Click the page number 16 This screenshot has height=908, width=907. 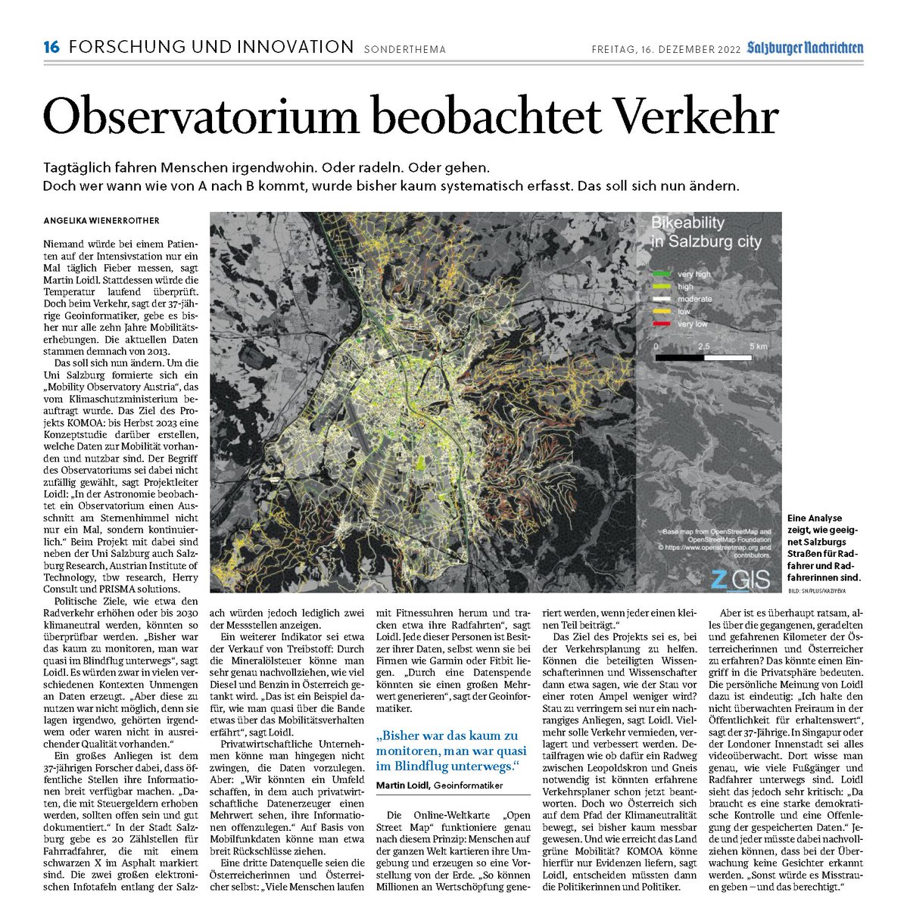[x=51, y=48]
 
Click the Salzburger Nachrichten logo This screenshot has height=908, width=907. [x=804, y=48]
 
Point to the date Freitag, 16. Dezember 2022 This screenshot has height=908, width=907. [x=663, y=49]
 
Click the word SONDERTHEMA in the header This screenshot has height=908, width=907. [x=405, y=50]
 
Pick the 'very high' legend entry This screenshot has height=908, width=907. [x=693, y=274]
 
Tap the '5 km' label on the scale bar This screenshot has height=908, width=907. [x=759, y=345]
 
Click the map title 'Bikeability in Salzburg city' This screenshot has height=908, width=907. [x=706, y=232]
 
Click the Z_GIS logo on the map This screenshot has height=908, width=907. [x=740, y=580]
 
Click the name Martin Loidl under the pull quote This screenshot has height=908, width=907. [x=403, y=786]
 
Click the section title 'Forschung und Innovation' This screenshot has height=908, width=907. [x=211, y=48]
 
